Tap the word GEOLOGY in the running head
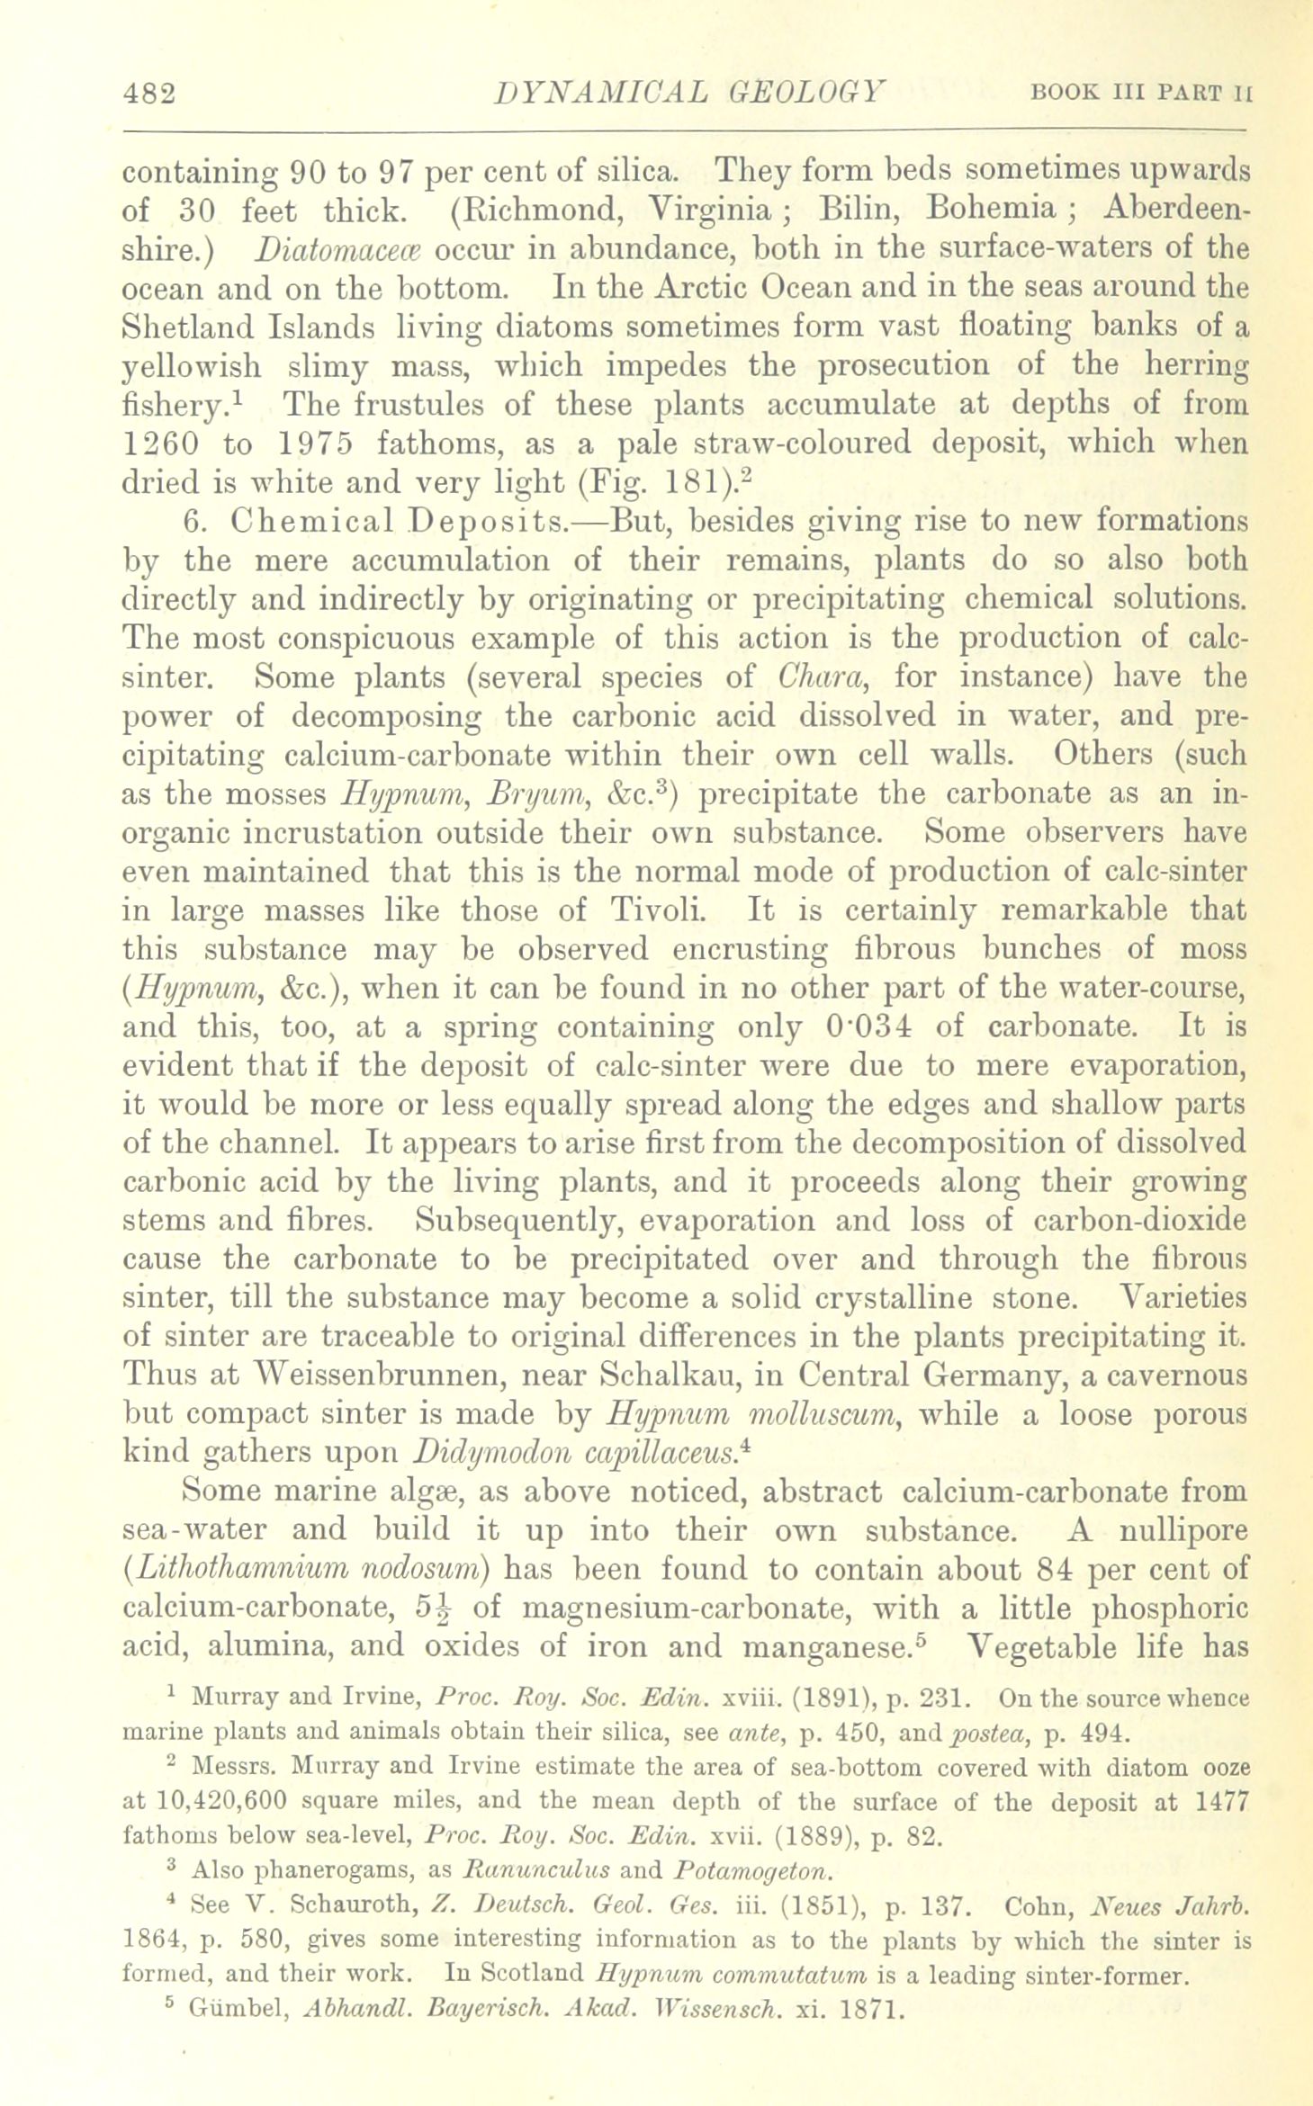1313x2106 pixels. [x=806, y=93]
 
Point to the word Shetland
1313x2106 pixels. [x=186, y=327]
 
